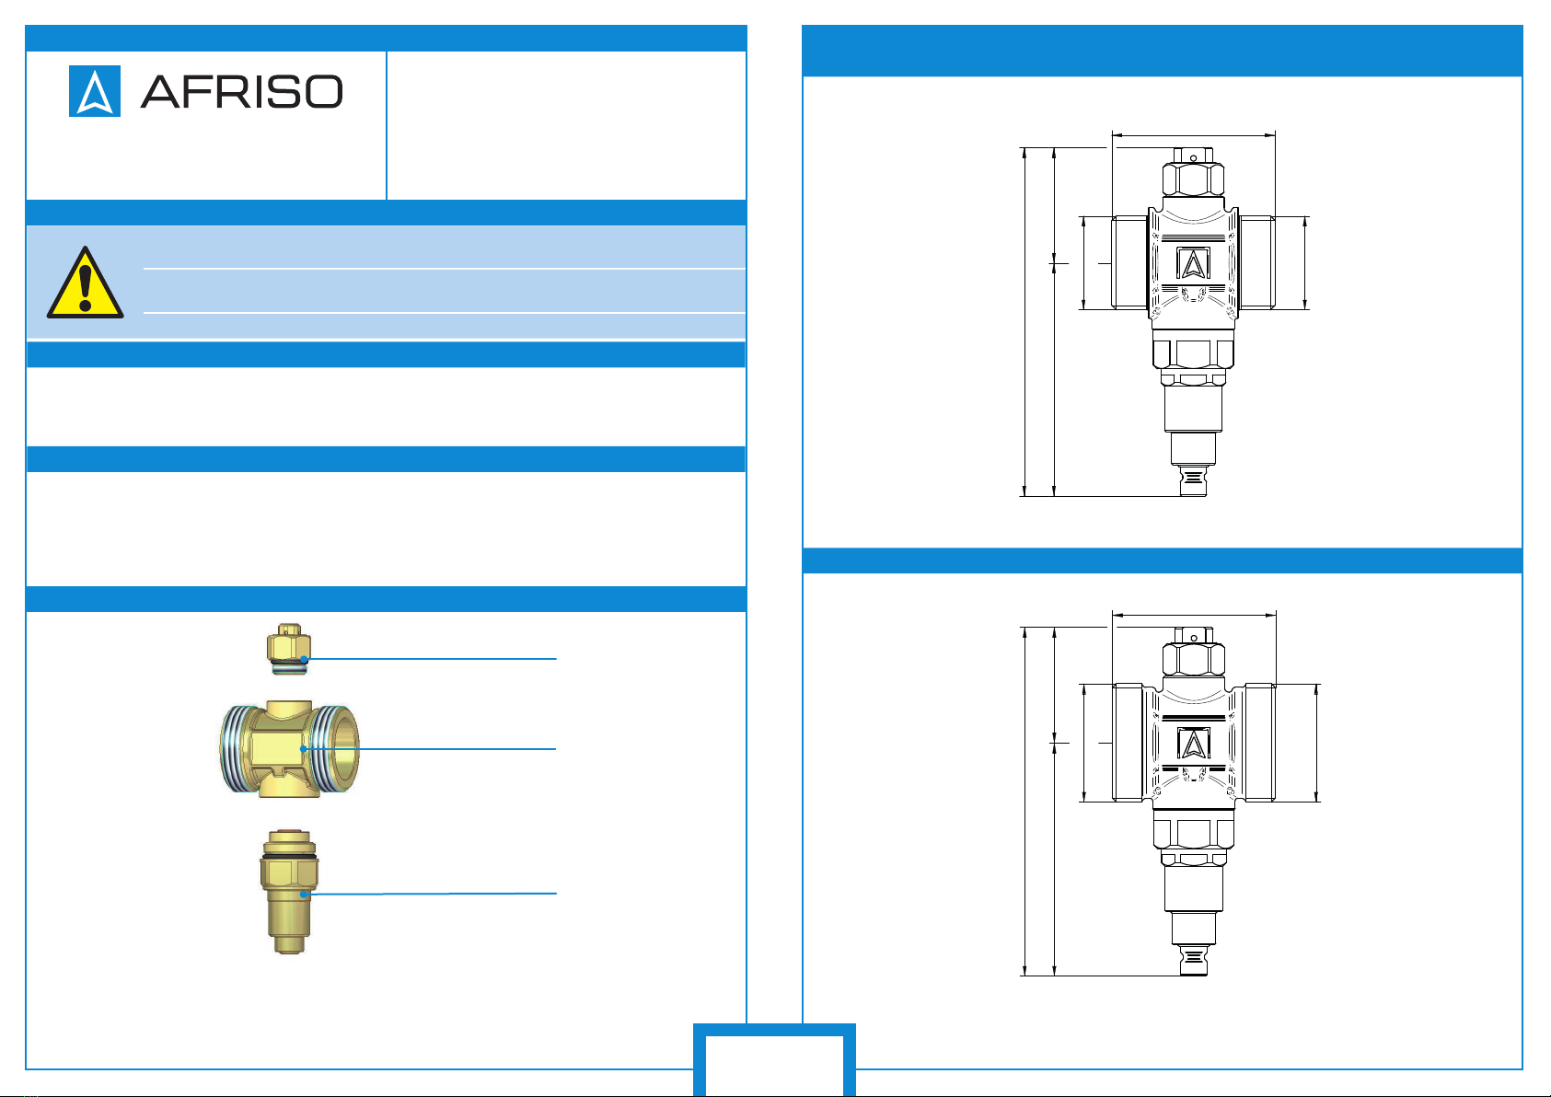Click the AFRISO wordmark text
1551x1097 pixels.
coord(242,91)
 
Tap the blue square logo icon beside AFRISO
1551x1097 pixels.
coord(95,91)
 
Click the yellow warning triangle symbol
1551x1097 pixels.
coord(86,283)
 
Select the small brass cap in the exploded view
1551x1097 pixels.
coord(289,649)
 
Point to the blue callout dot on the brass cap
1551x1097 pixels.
coord(304,659)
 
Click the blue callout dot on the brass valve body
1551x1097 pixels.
coord(303,749)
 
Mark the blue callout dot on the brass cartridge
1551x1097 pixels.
coord(303,895)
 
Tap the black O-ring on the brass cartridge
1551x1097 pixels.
coord(289,857)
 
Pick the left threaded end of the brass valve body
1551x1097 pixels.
coord(237,748)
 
